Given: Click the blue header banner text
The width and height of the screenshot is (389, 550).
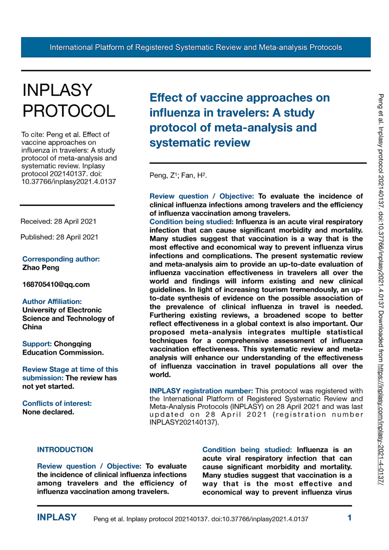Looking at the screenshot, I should click(196, 47).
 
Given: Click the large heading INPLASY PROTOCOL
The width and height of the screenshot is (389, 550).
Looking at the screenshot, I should click(69, 101).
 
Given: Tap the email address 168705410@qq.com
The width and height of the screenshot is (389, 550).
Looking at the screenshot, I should click(56, 285).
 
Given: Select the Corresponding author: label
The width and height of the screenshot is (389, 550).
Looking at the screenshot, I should click(61, 259).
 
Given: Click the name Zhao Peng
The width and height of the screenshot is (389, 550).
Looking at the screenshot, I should click(41, 267).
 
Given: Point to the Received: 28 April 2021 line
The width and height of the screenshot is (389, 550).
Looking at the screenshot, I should click(58, 221).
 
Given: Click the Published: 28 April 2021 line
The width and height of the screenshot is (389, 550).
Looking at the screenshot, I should click(59, 237).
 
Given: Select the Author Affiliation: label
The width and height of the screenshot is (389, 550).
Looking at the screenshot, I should click(52, 301).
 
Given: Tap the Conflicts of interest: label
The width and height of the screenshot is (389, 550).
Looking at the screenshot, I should click(57, 404).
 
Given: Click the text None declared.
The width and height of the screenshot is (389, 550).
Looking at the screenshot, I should click(48, 412).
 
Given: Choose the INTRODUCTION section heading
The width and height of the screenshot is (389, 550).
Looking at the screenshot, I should click(65, 450).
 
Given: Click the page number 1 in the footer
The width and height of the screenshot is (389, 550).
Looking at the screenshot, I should click(349, 518).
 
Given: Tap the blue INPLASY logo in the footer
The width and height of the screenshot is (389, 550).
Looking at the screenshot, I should click(57, 517).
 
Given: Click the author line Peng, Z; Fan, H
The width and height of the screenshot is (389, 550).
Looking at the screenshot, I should click(178, 175).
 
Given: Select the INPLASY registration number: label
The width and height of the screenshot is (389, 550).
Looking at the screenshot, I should click(201, 391).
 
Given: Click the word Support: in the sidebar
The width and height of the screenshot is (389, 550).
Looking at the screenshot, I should click(37, 344).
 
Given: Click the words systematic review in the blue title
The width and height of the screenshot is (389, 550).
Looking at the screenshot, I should click(200, 143).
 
